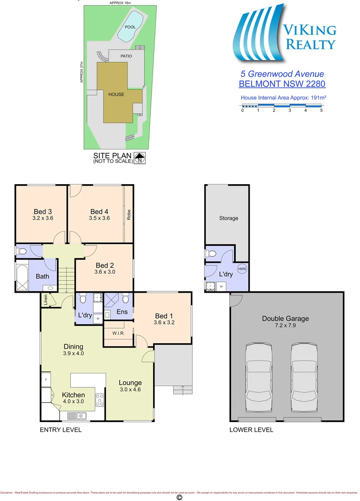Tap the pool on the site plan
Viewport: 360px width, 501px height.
[x=130, y=26]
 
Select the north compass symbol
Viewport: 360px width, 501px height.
[x=140, y=158]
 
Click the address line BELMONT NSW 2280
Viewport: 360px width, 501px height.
[x=282, y=84]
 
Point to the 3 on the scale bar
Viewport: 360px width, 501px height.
[x=289, y=110]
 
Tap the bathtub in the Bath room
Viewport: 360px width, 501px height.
[x=21, y=276]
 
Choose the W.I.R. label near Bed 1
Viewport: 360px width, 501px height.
[x=117, y=333]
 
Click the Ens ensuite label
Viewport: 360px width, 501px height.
[x=122, y=312]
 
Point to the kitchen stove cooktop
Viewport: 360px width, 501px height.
[x=99, y=400]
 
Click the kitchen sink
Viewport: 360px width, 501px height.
[x=74, y=416]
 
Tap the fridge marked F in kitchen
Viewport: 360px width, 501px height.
[x=46, y=380]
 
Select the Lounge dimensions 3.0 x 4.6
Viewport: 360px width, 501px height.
[x=130, y=389]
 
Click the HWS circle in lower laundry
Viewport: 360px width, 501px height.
[x=242, y=269]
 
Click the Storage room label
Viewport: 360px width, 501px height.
[x=228, y=218]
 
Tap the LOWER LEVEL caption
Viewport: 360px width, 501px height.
[x=251, y=430]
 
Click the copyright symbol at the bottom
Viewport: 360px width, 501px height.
[x=180, y=497]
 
